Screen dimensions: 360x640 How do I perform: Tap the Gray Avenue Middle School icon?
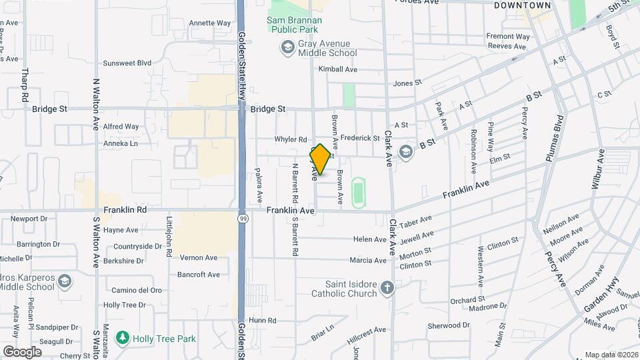pyautogui.click(x=287, y=47)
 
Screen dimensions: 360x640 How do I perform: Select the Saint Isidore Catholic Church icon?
pyautogui.click(x=387, y=289)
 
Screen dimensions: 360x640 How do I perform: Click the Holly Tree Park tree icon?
pyautogui.click(x=121, y=338)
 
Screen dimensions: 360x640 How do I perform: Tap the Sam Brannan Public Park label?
pyautogui.click(x=294, y=25)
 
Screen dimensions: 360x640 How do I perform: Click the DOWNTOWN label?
pyautogui.click(x=523, y=5)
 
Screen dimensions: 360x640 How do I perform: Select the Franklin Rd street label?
pyautogui.click(x=125, y=209)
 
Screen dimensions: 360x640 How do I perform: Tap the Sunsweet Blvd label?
pyautogui.click(x=127, y=63)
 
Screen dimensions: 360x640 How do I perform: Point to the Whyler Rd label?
pyautogui.click(x=291, y=139)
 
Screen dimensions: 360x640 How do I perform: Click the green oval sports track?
pyautogui.click(x=359, y=191)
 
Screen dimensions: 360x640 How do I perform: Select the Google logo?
pyautogui.click(x=22, y=351)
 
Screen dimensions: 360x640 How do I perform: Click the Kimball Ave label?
pyautogui.click(x=338, y=69)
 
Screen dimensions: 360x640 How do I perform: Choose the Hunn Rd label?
pyautogui.click(x=262, y=321)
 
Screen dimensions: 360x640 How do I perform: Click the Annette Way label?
pyautogui.click(x=209, y=23)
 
